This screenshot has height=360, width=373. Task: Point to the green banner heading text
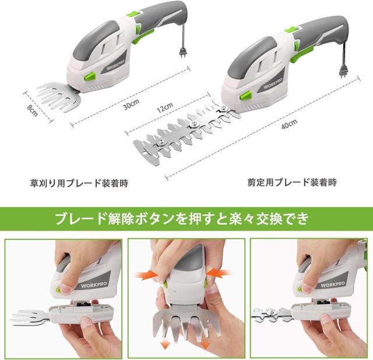[186, 220]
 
